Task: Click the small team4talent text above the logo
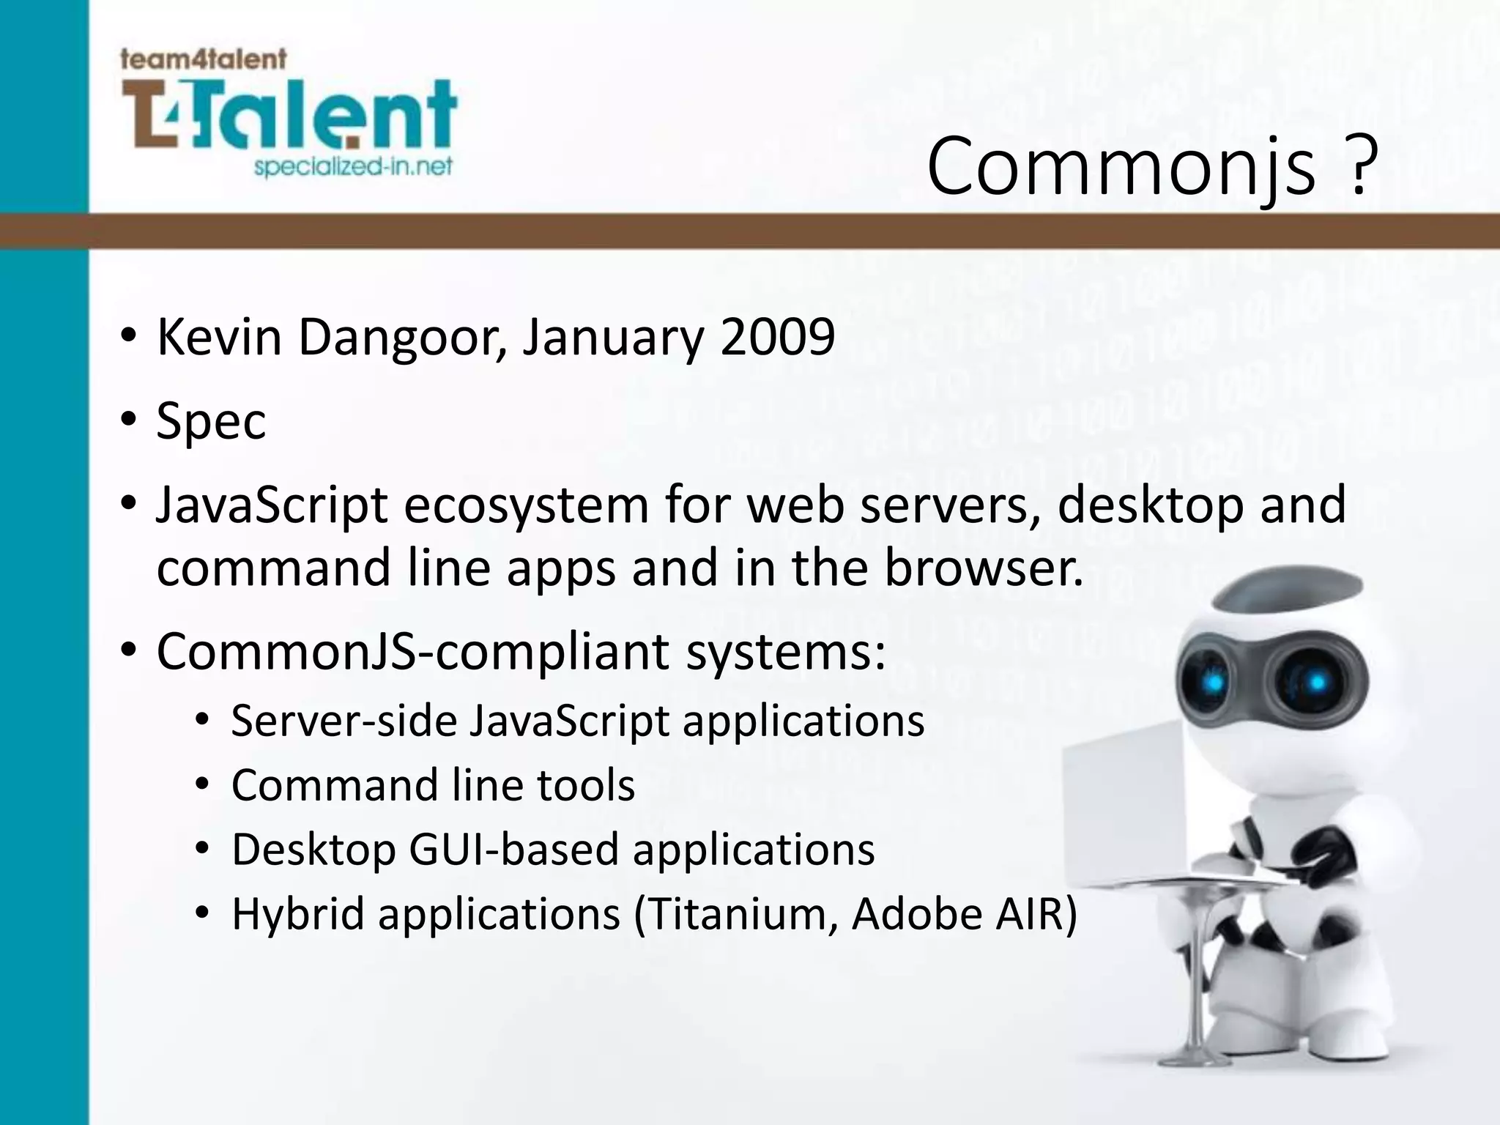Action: pos(203,59)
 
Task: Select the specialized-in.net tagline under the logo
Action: pos(353,167)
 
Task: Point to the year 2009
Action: pos(777,338)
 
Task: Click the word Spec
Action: pos(211,422)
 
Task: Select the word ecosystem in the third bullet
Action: pos(526,505)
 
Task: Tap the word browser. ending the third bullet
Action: pos(984,568)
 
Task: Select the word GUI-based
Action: pos(513,850)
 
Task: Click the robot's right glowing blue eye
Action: pos(1316,683)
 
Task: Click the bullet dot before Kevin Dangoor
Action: pos(129,338)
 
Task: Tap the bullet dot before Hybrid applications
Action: pos(203,914)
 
